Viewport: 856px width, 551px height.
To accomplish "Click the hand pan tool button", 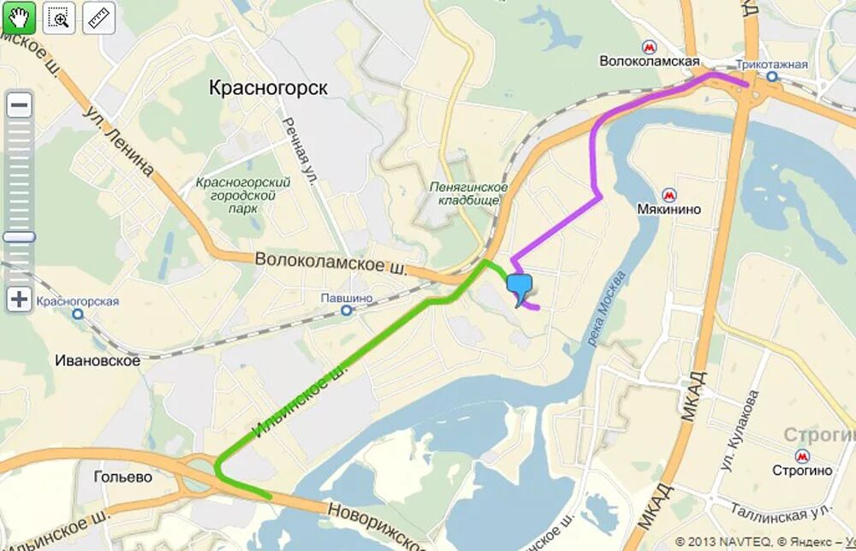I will (x=18, y=18).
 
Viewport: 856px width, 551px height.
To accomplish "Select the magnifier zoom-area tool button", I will (x=59, y=18).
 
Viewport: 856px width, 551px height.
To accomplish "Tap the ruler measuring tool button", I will (x=99, y=18).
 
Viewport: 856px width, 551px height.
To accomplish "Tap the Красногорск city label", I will (x=268, y=88).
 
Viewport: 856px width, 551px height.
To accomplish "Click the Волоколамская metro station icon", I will (x=651, y=48).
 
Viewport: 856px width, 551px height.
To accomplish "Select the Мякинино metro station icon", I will (x=669, y=193).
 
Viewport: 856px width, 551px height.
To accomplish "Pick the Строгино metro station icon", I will (x=802, y=456).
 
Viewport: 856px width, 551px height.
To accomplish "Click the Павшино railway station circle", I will (x=346, y=310).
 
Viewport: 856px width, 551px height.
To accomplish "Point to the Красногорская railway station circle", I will (x=78, y=313).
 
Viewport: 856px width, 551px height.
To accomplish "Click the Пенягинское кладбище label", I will (x=469, y=193).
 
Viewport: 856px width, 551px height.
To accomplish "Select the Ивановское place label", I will (x=98, y=361).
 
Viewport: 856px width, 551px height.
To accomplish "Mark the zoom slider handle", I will (x=19, y=237).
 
